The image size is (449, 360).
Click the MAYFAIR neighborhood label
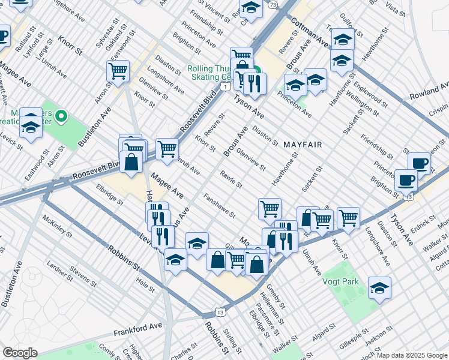click(303, 145)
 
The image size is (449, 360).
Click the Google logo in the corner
click(20, 353)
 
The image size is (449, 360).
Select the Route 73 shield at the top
click(273, 5)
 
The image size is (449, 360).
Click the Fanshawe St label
click(218, 205)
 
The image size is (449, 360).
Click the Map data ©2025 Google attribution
click(411, 355)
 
